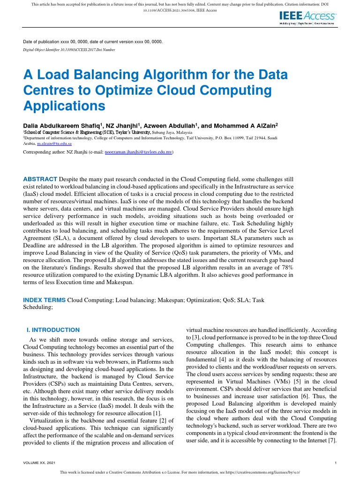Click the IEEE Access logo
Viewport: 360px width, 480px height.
point(307,18)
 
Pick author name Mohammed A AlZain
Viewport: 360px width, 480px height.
point(244,126)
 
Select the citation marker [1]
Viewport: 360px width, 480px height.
point(157,413)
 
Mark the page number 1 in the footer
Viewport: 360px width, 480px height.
point(337,463)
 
